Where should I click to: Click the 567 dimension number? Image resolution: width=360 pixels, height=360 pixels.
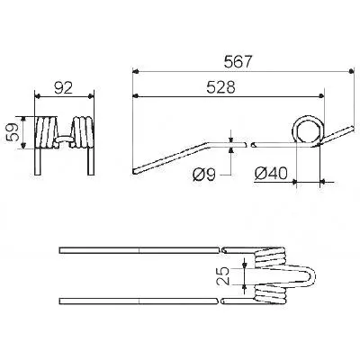237,62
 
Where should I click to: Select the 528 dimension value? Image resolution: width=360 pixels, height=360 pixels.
221,87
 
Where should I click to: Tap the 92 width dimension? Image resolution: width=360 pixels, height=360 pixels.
64,88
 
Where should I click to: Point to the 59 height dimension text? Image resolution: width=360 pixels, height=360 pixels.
13,132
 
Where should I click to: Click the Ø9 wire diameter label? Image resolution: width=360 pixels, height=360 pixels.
204,175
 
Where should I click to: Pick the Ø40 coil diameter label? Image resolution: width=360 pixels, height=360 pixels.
271,174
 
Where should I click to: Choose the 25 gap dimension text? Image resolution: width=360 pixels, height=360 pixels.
223,275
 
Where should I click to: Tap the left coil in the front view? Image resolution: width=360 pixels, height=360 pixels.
46,132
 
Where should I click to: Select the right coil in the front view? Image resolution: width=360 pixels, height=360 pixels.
83,132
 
